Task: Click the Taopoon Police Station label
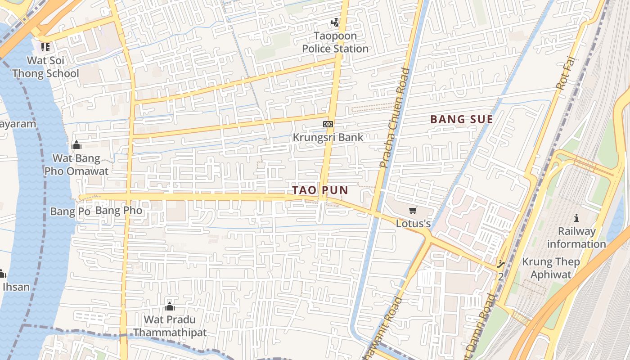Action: (335, 42)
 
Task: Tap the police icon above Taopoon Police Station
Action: (335, 22)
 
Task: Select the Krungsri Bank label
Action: (328, 137)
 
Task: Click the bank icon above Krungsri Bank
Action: (328, 124)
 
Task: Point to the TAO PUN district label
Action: (320, 190)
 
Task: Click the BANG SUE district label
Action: (462, 119)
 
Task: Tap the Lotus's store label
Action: (413, 223)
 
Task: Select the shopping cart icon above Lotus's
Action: (413, 210)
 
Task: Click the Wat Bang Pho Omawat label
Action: (76, 165)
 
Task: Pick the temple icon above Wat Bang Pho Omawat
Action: (76, 145)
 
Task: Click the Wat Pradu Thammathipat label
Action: (170, 326)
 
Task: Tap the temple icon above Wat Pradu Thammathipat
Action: (170, 306)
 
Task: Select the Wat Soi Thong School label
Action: (45, 67)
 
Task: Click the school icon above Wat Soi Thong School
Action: (45, 47)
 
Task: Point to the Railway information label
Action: (576, 238)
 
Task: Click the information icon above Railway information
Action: (576, 218)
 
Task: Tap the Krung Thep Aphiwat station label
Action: (551, 268)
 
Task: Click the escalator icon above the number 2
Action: (501, 265)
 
